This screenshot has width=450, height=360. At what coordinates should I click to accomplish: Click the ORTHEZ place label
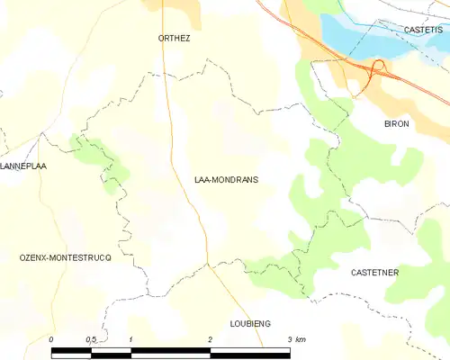[x=175, y=39]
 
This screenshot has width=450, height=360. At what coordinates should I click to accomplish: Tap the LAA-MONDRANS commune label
[x=226, y=180]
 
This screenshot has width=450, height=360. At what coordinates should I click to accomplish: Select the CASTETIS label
[x=423, y=30]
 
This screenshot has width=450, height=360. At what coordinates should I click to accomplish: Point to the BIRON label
[x=397, y=123]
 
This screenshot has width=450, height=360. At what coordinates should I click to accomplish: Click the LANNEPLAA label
[x=23, y=166]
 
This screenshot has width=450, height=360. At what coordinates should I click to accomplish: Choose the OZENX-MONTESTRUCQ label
[x=65, y=257]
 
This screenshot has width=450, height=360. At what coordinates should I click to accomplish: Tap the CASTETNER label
[x=374, y=272]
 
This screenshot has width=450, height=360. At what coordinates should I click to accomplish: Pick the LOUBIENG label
[x=250, y=323]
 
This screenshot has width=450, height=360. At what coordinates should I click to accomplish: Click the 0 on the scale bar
[x=52, y=339]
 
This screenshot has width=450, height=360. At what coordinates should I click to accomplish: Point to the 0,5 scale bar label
[x=91, y=339]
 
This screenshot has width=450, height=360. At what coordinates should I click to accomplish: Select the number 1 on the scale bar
[x=131, y=339]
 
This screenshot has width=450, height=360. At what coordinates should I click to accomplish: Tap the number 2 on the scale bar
[x=210, y=339]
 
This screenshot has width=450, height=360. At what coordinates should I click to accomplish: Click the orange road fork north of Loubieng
[x=209, y=265]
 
